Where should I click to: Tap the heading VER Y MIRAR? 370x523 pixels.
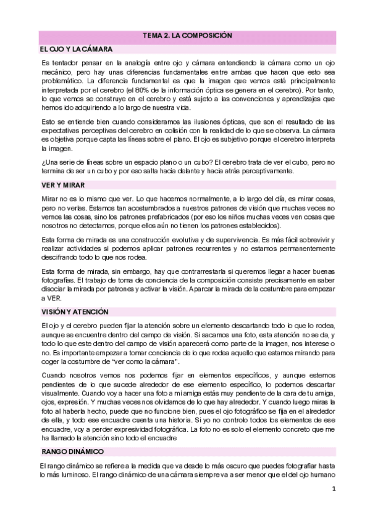tap(62, 184)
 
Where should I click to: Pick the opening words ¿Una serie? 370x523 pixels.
tap(60, 162)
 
